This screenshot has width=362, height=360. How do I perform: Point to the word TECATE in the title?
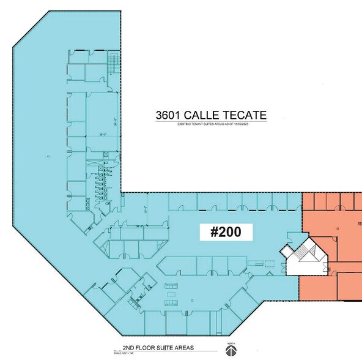(248, 115)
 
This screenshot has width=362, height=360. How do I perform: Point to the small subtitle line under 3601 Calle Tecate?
(211, 124)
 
